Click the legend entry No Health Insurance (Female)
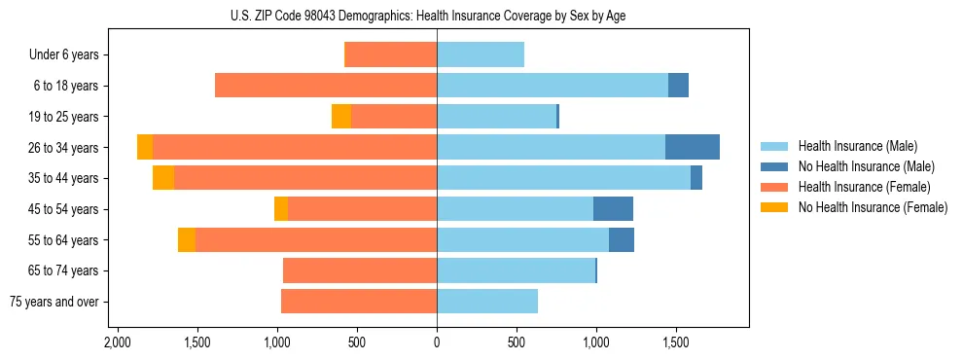point(873,207)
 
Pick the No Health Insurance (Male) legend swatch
point(774,166)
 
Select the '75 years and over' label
point(54,302)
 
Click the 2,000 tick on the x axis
point(117,342)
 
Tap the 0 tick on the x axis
point(437,342)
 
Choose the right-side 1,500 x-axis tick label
point(676,342)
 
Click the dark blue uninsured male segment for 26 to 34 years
point(693,147)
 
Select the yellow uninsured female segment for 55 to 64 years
point(187,240)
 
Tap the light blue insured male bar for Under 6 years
point(481,54)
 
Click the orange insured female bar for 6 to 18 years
point(326,86)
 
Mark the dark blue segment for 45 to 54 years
point(613,209)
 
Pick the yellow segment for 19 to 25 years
point(341,117)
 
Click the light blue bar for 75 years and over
point(487,302)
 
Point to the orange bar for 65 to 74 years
point(360,270)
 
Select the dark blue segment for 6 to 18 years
point(678,86)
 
